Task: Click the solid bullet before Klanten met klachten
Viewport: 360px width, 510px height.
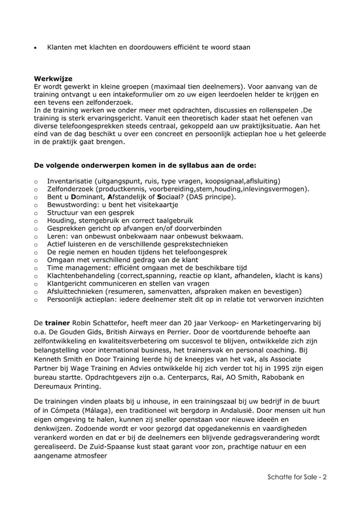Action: [36, 48]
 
